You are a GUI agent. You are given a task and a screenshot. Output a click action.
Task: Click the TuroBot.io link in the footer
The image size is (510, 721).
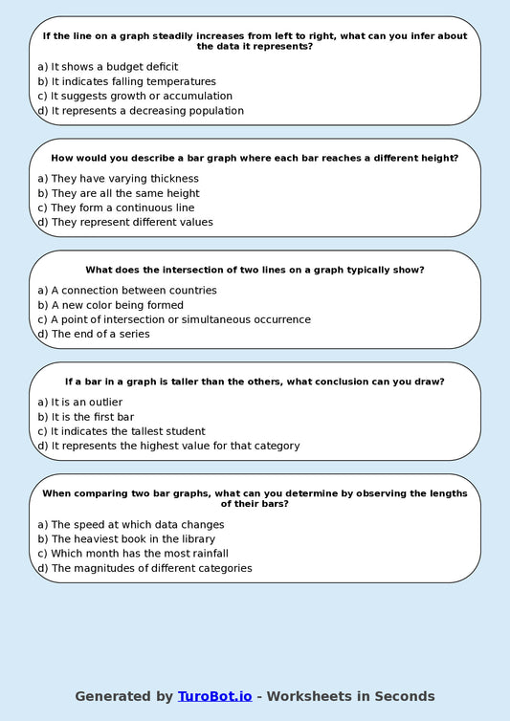[214, 696]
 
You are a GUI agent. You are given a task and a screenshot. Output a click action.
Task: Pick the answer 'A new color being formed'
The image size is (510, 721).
[117, 305]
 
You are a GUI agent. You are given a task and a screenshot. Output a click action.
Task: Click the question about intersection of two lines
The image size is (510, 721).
[255, 270]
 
